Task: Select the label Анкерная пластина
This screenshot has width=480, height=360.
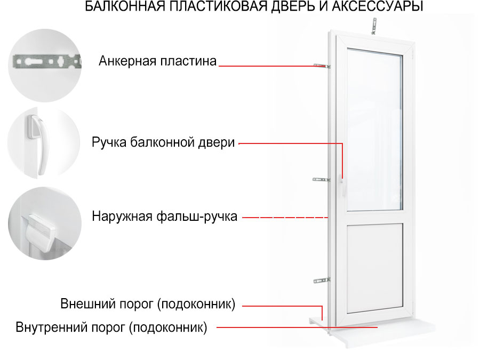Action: point(157,61)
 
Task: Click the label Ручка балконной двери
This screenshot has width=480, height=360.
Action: point(163,142)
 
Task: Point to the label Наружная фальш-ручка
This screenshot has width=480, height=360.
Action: point(164,217)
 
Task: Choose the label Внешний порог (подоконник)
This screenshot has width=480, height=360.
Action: point(148,304)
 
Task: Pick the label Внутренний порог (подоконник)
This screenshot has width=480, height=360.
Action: point(111,327)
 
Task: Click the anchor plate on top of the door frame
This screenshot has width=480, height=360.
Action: point(374,26)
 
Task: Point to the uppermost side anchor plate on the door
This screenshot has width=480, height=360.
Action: point(322,66)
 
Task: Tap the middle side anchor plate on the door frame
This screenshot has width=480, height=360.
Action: point(321,180)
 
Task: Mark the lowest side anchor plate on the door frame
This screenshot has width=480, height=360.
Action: point(322,281)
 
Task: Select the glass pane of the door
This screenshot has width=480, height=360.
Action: point(375,130)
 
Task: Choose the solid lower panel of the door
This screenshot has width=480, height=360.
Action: point(375,268)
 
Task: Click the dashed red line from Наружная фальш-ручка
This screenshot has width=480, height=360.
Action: point(285,218)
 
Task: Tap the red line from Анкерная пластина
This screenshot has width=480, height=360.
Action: point(272,66)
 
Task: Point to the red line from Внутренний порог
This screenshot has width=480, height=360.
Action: point(297,327)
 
